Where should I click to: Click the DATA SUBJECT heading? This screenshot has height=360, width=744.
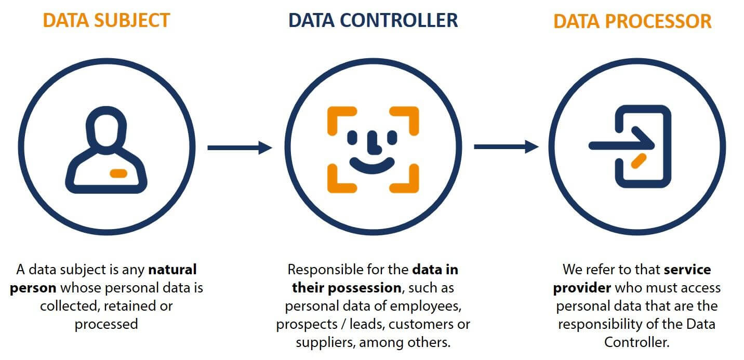(x=106, y=20)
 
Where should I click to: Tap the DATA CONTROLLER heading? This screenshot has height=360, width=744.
(x=373, y=20)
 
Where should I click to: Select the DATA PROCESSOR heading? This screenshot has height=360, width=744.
(x=632, y=21)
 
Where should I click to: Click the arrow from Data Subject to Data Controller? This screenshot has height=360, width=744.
(x=240, y=148)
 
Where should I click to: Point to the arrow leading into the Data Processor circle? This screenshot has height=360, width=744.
(x=507, y=147)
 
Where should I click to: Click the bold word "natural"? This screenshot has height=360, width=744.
(x=172, y=270)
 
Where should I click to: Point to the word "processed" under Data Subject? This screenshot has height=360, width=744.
(x=106, y=324)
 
